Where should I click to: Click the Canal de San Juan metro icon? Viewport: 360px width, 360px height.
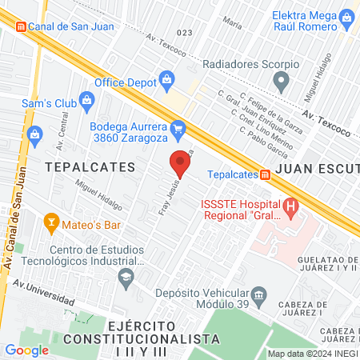coord(22,25)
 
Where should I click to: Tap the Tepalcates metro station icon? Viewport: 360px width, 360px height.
coord(265,174)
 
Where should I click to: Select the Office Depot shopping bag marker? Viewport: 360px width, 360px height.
coord(166,78)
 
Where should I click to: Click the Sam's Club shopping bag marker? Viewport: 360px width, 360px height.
coord(88,101)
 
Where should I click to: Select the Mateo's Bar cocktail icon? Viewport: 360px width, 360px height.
coord(51,221)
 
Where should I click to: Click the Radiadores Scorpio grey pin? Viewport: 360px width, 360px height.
coord(281,79)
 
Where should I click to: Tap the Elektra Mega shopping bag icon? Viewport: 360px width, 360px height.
coord(346,17)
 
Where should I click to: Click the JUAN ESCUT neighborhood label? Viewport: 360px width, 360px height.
coord(316,170)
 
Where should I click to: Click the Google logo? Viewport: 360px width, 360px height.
coord(26,350)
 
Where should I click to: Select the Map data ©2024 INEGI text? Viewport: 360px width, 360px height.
coord(311,354)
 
